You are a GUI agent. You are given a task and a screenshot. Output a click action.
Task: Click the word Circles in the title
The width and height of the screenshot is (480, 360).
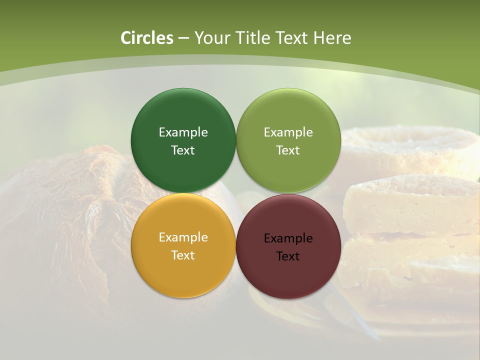point(147,38)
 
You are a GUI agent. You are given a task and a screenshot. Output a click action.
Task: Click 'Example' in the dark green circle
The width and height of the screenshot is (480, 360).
point(183,132)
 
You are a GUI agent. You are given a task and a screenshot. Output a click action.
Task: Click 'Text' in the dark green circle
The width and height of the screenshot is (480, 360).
point(183,150)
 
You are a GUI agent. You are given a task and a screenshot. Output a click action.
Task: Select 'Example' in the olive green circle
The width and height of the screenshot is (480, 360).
point(288,132)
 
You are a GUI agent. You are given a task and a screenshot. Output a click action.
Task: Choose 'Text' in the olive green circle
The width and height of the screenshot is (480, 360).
point(288,150)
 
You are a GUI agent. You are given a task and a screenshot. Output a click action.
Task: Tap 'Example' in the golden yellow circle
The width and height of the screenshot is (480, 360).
point(183,237)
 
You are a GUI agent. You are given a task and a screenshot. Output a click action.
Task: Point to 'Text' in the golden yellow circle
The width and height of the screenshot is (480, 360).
point(183,255)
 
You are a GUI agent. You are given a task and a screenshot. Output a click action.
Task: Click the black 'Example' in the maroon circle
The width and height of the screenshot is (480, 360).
point(288,238)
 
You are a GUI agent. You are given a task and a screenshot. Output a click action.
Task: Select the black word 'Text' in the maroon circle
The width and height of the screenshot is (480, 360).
point(288,256)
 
